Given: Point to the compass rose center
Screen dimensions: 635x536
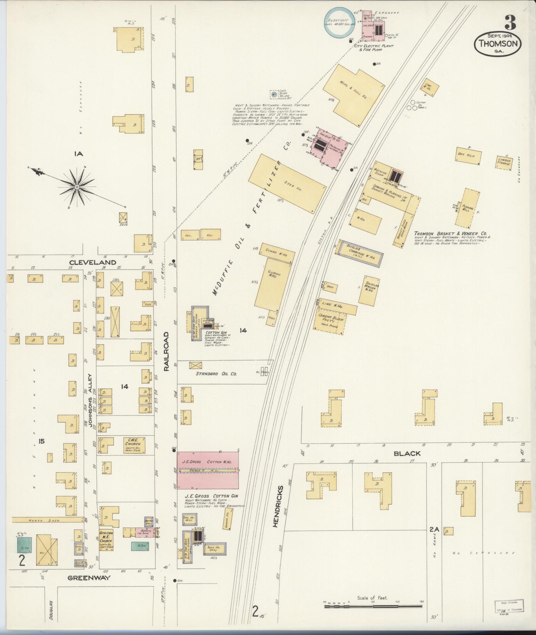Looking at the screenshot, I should [x=77, y=187].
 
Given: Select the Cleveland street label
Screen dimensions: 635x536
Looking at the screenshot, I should [x=93, y=262].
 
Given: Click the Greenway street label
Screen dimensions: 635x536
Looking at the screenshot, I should [x=89, y=578].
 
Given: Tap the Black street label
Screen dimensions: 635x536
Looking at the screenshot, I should [x=407, y=453].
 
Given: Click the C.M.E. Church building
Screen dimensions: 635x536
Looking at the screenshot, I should [x=133, y=445].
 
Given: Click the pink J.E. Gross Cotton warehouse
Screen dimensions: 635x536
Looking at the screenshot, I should [x=208, y=470].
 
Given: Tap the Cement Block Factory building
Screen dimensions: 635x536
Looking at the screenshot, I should [x=330, y=322].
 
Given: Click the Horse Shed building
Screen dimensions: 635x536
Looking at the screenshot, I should [x=47, y=520].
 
